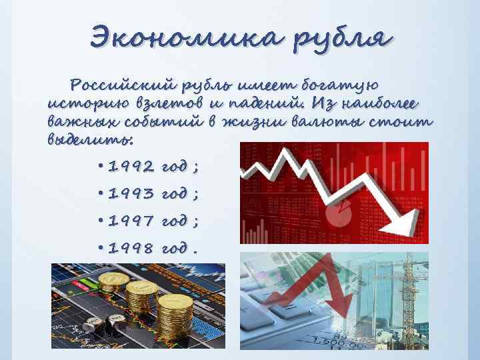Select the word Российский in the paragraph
coord(126,86)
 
